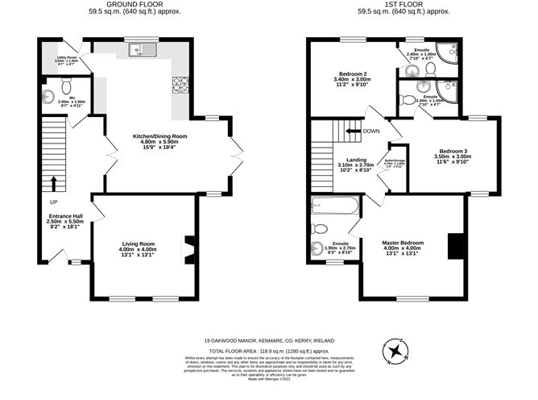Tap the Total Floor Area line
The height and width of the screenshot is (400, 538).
[269, 352]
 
